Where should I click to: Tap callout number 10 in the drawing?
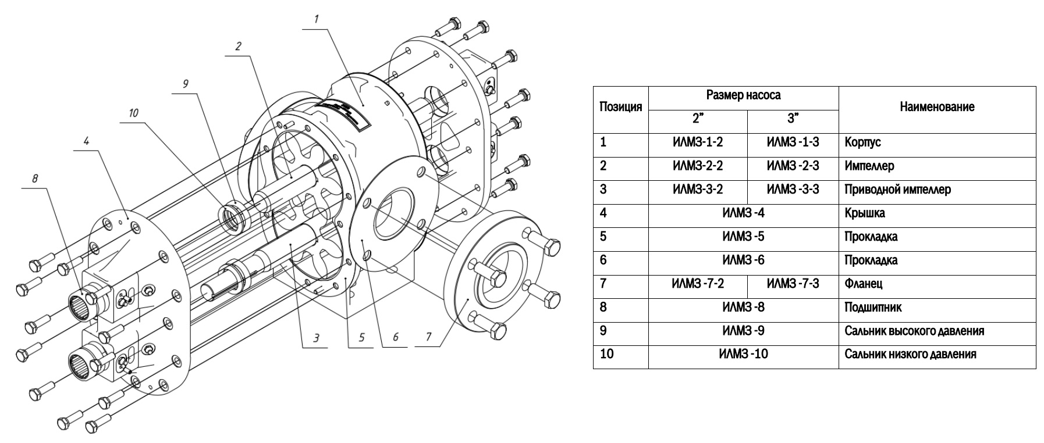134,113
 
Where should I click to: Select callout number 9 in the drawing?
185,84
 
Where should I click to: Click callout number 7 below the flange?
429,337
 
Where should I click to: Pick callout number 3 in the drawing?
316,337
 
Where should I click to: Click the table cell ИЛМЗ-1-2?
698,142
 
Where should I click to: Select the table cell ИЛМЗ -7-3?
793,284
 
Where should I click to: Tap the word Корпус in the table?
862,142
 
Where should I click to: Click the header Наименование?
937,107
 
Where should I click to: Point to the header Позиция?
620,107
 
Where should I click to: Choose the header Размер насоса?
743,95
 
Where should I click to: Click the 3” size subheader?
793,119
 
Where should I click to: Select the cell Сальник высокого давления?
914,331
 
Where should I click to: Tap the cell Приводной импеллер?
898,190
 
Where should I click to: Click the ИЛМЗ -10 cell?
743,354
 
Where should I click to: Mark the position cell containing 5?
603,237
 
